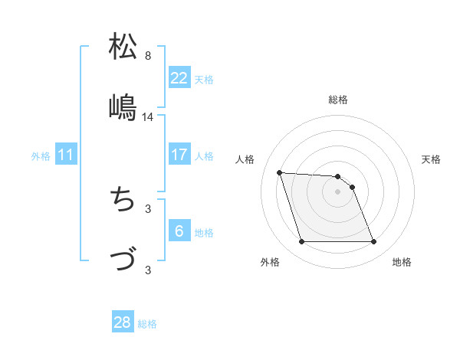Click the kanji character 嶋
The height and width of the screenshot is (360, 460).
123,106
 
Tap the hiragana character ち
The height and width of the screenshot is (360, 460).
123,201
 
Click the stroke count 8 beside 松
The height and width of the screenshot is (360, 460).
148,56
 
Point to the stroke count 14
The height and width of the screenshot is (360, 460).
148,117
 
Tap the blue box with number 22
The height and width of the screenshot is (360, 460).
179,78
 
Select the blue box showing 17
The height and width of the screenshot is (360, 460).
179,155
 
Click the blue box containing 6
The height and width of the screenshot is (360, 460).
179,231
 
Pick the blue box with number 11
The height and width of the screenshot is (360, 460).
65,155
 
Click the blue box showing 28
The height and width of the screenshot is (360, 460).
123,322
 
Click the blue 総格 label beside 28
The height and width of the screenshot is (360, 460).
147,324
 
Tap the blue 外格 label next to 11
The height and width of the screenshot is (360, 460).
41,156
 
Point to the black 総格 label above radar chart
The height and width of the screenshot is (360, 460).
337,100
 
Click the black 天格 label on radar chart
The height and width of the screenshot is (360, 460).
431,159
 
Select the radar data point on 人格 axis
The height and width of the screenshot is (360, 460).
280,172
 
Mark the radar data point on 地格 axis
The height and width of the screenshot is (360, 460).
373,242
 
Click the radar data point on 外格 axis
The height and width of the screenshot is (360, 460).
301,242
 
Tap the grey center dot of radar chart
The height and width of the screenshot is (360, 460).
337,191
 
